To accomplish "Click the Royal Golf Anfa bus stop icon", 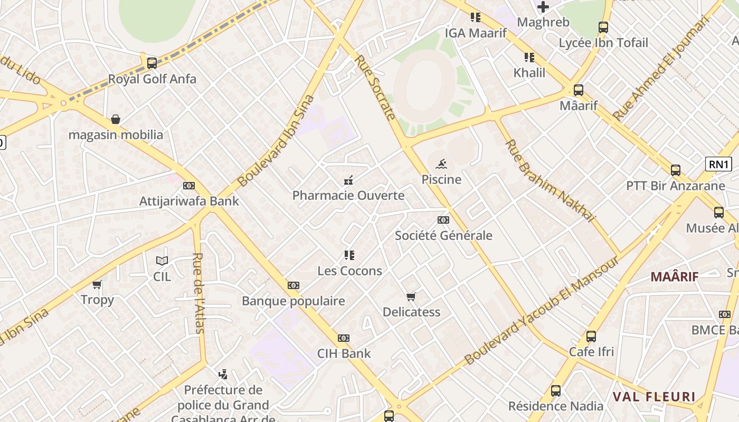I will [x=152, y=63].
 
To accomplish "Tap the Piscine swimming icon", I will [x=441, y=164].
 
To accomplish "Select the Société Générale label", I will [x=443, y=235].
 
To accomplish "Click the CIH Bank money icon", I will [x=344, y=338].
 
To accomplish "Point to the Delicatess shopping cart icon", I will [x=411, y=296].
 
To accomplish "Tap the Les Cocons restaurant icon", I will [x=349, y=255].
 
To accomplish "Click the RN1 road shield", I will [x=718, y=164].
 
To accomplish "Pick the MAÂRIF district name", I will [x=674, y=276].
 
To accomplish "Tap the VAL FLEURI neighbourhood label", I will [x=654, y=397].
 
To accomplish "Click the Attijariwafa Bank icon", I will [x=188, y=186].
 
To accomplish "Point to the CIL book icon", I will [x=162, y=261].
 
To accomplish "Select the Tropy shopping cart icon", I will [x=97, y=285].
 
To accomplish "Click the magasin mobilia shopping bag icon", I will [x=116, y=120].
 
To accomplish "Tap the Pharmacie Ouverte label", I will [x=348, y=195].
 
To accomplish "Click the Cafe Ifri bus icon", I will [x=591, y=336].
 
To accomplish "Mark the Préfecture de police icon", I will [x=223, y=375].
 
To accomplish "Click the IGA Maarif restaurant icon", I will [x=476, y=17].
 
